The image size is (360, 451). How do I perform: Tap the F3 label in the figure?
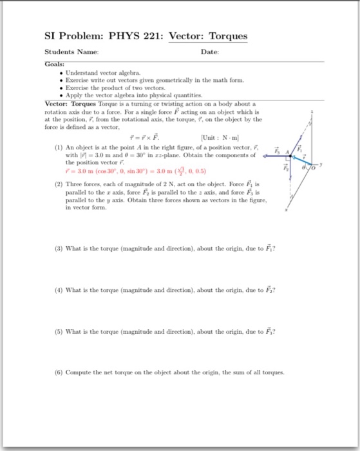[x=278, y=151]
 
